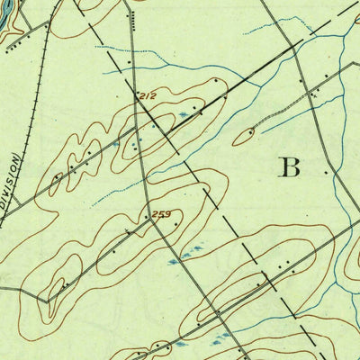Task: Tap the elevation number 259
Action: [163, 213]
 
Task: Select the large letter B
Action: [289, 166]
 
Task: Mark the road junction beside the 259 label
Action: [150, 219]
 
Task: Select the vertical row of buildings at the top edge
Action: [132, 19]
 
